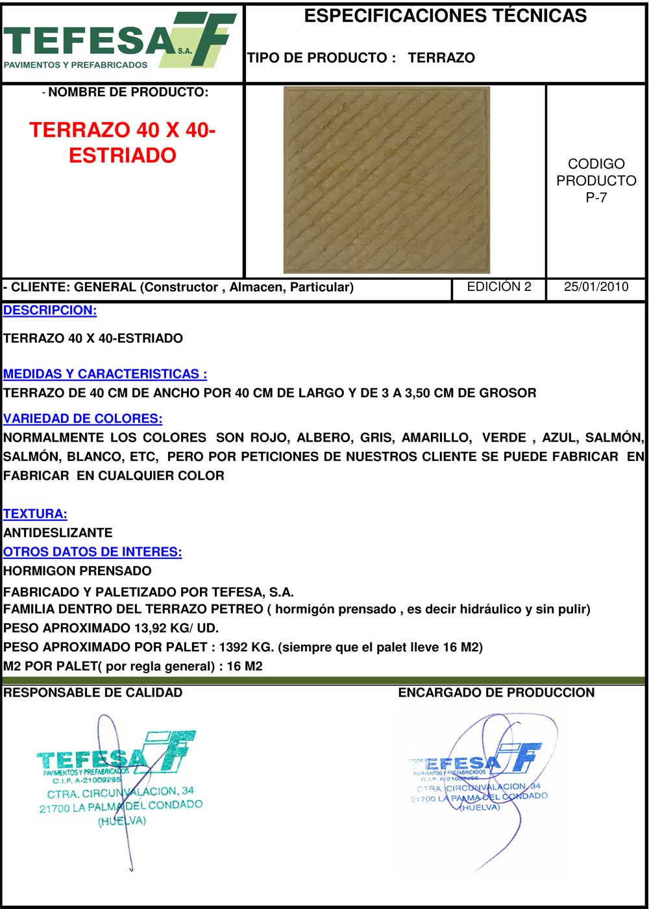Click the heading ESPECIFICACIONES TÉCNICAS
tap(445, 16)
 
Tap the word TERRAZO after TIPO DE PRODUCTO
tap(441, 58)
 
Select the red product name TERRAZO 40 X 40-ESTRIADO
tap(123, 142)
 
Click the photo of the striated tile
tap(387, 180)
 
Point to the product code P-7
tap(596, 198)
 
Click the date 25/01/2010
tap(596, 287)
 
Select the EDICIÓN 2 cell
tap(499, 287)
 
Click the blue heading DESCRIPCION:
tap(50, 310)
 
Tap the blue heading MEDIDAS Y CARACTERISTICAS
tap(105, 374)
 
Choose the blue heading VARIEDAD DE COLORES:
tap(83, 419)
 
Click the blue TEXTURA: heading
tap(35, 514)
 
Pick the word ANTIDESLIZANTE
tap(58, 533)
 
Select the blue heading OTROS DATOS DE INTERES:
tap(92, 552)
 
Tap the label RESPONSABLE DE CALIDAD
tap(93, 693)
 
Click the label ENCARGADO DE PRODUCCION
tap(496, 693)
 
